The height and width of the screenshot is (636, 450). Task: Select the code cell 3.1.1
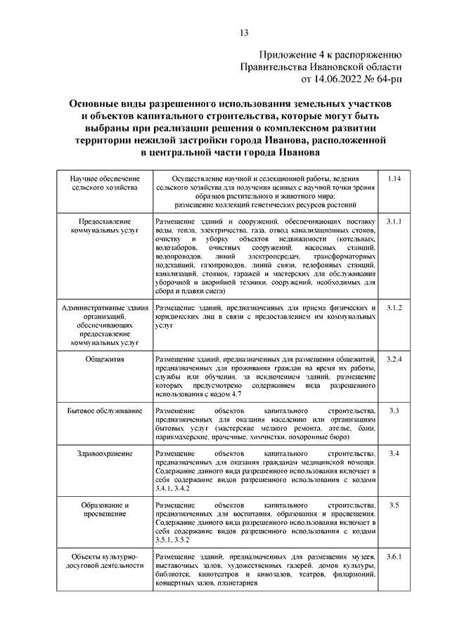click(394, 221)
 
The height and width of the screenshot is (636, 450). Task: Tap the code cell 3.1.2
click(394, 309)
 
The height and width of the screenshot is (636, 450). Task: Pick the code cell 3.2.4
click(394, 359)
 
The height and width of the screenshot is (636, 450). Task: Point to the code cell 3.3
click(394, 410)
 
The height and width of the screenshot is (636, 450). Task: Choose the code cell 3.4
click(394, 454)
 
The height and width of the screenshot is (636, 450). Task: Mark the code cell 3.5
click(394, 505)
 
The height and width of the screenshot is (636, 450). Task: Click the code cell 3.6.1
click(394, 557)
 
